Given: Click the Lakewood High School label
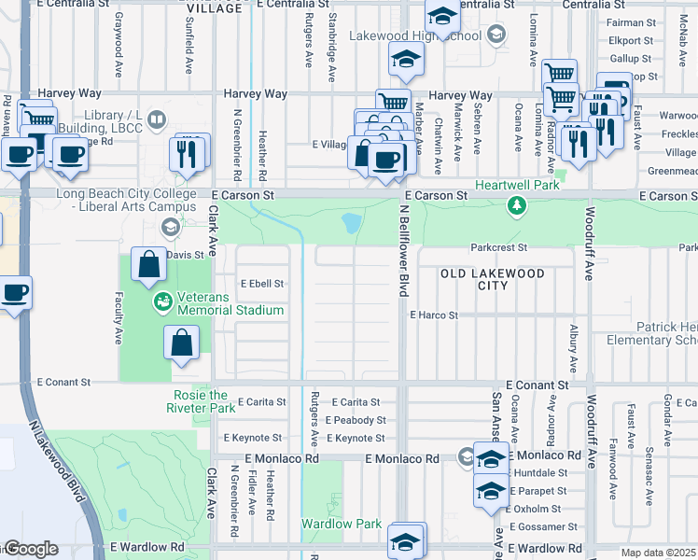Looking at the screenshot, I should [x=415, y=35].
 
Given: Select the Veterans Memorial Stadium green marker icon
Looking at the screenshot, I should [x=163, y=301].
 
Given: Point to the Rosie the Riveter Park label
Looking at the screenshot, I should [x=201, y=401].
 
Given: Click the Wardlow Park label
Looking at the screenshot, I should [x=342, y=524].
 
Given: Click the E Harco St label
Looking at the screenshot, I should [x=434, y=315].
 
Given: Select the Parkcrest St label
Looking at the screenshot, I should [x=499, y=248].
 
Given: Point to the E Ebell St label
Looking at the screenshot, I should [x=261, y=283].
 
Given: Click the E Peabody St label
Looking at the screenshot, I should [x=356, y=420].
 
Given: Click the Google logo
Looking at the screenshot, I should [x=30, y=549].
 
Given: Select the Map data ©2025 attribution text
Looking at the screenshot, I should [x=659, y=553].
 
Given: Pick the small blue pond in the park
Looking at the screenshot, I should [x=351, y=223].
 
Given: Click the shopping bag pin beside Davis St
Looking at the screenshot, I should [x=149, y=266].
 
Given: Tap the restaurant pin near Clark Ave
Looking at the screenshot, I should [x=191, y=151].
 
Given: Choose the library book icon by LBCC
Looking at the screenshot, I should [x=158, y=119].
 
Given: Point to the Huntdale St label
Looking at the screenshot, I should [x=541, y=473].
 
